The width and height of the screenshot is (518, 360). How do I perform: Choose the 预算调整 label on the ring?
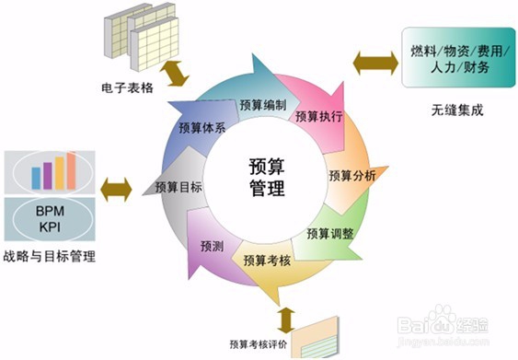[330, 232]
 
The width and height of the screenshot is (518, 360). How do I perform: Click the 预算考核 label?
[268, 261]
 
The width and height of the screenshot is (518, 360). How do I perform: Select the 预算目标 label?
[178, 186]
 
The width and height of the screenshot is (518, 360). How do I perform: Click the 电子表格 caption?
[127, 89]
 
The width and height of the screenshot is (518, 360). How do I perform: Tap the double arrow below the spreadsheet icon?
[175, 72]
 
